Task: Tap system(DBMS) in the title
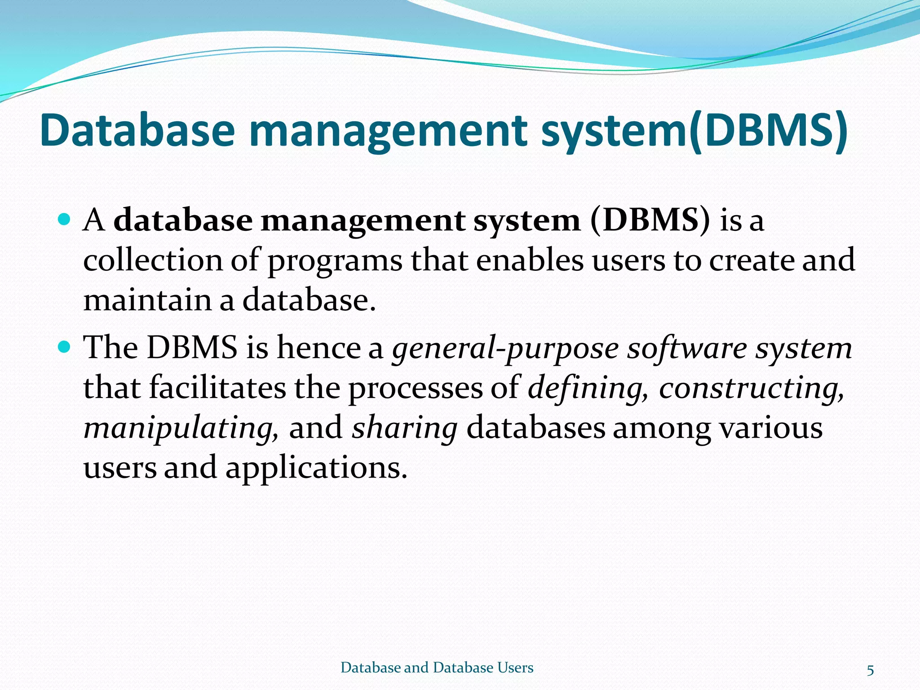694,131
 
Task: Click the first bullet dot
65,220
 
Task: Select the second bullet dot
65,347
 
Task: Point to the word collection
153,261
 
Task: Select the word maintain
147,300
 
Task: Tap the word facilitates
217,388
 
